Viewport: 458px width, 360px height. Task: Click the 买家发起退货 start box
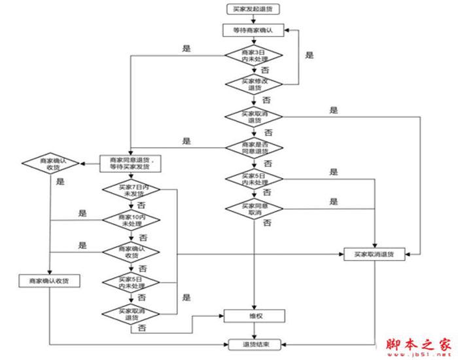pos(253,10)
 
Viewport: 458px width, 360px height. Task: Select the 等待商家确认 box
pos(253,30)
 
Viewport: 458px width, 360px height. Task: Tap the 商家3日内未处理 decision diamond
pos(253,55)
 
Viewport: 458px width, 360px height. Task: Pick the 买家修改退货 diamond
pos(253,84)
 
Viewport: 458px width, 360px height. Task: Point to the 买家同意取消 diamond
pos(253,210)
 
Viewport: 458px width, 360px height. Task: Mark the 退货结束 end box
pos(253,344)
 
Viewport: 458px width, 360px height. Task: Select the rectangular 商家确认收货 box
pos(50,280)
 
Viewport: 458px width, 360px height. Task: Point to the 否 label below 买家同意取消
pos(267,224)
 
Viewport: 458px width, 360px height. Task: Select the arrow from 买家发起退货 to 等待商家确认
pos(253,19)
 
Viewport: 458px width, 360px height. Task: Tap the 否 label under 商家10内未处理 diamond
pos(143,236)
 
